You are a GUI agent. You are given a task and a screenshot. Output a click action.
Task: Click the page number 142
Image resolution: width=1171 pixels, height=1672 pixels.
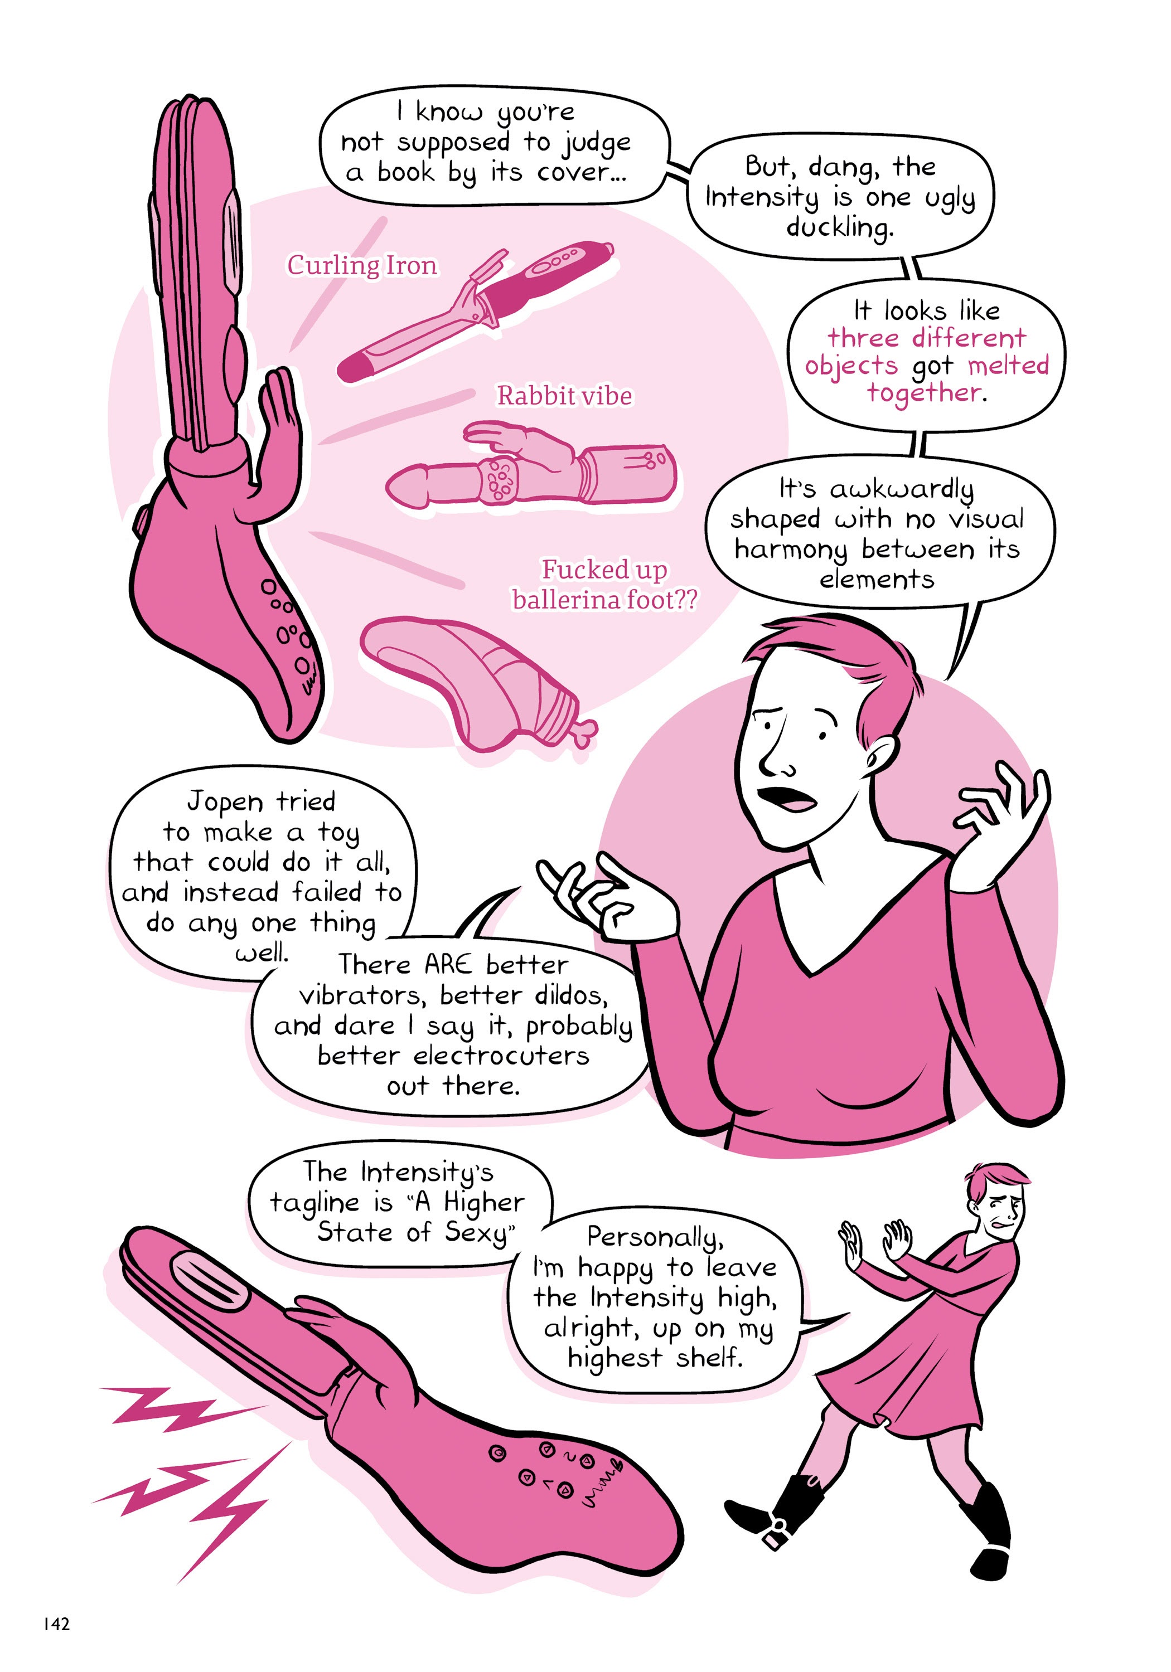[x=56, y=1623]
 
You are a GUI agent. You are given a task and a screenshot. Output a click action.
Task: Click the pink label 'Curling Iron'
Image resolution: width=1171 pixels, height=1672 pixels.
[x=361, y=266]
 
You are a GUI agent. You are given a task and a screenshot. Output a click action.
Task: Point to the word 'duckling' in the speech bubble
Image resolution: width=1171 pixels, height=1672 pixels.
[x=838, y=228]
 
